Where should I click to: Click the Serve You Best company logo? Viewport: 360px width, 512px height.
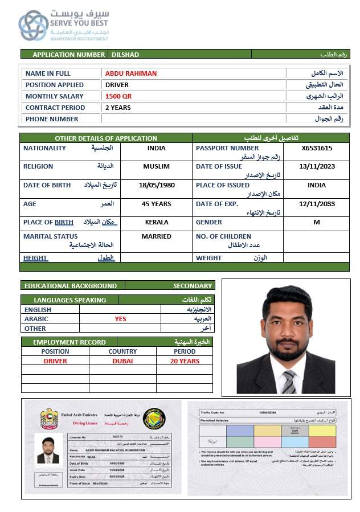[33, 26]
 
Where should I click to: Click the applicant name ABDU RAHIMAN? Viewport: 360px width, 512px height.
[130, 73]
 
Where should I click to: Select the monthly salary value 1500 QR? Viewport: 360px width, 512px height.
[118, 96]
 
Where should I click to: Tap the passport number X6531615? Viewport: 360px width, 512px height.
[317, 148]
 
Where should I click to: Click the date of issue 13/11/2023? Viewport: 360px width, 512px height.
[317, 166]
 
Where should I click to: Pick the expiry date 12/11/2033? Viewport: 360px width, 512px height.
[317, 204]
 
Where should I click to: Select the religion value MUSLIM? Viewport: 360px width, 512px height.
[157, 166]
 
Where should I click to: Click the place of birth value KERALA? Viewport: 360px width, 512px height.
[157, 222]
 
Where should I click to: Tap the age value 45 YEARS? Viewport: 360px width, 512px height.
[157, 204]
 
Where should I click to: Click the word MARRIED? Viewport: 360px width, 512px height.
[157, 236]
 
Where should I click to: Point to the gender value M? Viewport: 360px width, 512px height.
[317, 222]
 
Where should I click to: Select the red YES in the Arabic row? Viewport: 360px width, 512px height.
[120, 319]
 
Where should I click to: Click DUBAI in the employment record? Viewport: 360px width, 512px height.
[122, 361]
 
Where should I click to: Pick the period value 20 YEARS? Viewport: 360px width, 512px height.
[185, 361]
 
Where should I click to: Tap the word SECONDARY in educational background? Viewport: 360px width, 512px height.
[193, 286]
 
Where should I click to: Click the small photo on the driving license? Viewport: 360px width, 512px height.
[48, 450]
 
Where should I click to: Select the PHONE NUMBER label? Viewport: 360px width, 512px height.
[52, 119]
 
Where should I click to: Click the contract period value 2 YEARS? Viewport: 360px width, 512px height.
[118, 108]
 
